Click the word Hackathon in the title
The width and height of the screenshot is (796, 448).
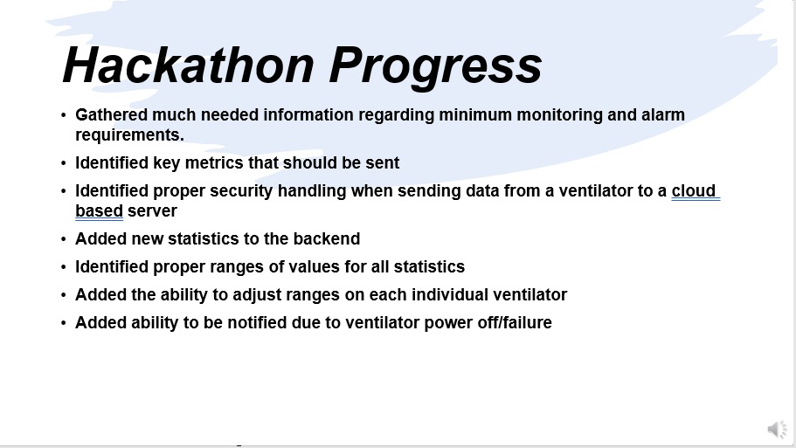[x=189, y=65]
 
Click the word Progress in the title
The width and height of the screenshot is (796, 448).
[x=435, y=67]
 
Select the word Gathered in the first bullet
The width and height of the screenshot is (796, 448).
[x=111, y=114]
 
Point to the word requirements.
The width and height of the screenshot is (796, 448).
[x=129, y=135]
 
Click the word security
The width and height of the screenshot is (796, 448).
[x=241, y=191]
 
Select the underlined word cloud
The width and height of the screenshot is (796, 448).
[x=694, y=190]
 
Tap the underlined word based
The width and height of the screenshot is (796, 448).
[x=99, y=211]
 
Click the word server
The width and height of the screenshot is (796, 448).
[x=152, y=211]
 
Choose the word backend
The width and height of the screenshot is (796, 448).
[x=327, y=239]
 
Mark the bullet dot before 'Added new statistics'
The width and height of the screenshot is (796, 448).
[x=64, y=239]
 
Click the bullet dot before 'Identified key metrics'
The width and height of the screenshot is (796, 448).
[x=64, y=162]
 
